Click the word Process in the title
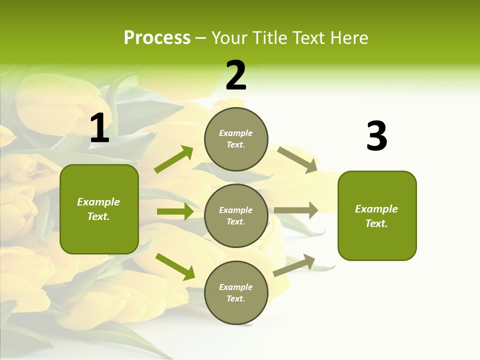(x=157, y=38)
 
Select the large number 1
(x=99, y=128)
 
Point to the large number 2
(x=236, y=76)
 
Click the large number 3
(x=376, y=136)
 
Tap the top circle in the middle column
(x=236, y=139)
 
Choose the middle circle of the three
(x=236, y=216)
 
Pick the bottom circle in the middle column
(x=236, y=293)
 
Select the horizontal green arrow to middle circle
(x=175, y=211)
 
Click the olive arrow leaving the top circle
(x=297, y=159)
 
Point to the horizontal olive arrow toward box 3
(x=296, y=210)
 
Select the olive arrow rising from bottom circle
(x=294, y=265)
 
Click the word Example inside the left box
(x=98, y=202)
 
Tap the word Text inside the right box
(x=376, y=223)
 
